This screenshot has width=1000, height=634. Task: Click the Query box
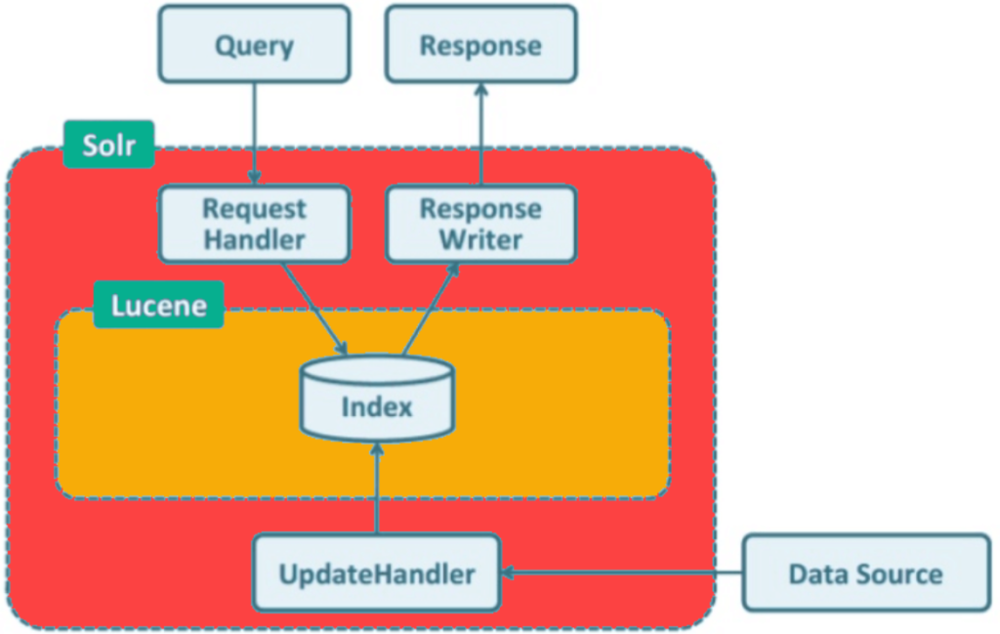[255, 44]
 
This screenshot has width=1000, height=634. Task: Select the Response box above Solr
[481, 44]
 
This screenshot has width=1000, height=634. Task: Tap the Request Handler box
[255, 224]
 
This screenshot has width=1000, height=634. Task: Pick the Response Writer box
[481, 224]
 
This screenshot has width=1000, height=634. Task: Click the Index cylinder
[377, 399]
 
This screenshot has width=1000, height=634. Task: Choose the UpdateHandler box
[377, 572]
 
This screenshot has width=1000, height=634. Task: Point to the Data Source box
[866, 572]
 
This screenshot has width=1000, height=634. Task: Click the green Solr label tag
[109, 145]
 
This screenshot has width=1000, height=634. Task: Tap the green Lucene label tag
[159, 305]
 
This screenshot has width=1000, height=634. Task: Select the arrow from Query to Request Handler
[255, 134]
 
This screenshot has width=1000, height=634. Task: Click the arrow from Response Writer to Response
[481, 134]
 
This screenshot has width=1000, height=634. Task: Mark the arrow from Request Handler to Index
[314, 309]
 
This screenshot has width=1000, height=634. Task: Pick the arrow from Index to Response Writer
[431, 309]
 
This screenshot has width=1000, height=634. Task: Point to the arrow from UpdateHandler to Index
[377, 487]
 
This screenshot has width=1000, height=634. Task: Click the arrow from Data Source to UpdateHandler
[622, 572]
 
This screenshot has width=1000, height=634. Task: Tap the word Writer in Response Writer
[480, 239]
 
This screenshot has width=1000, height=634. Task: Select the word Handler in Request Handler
[255, 239]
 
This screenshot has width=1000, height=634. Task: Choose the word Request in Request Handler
[255, 209]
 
